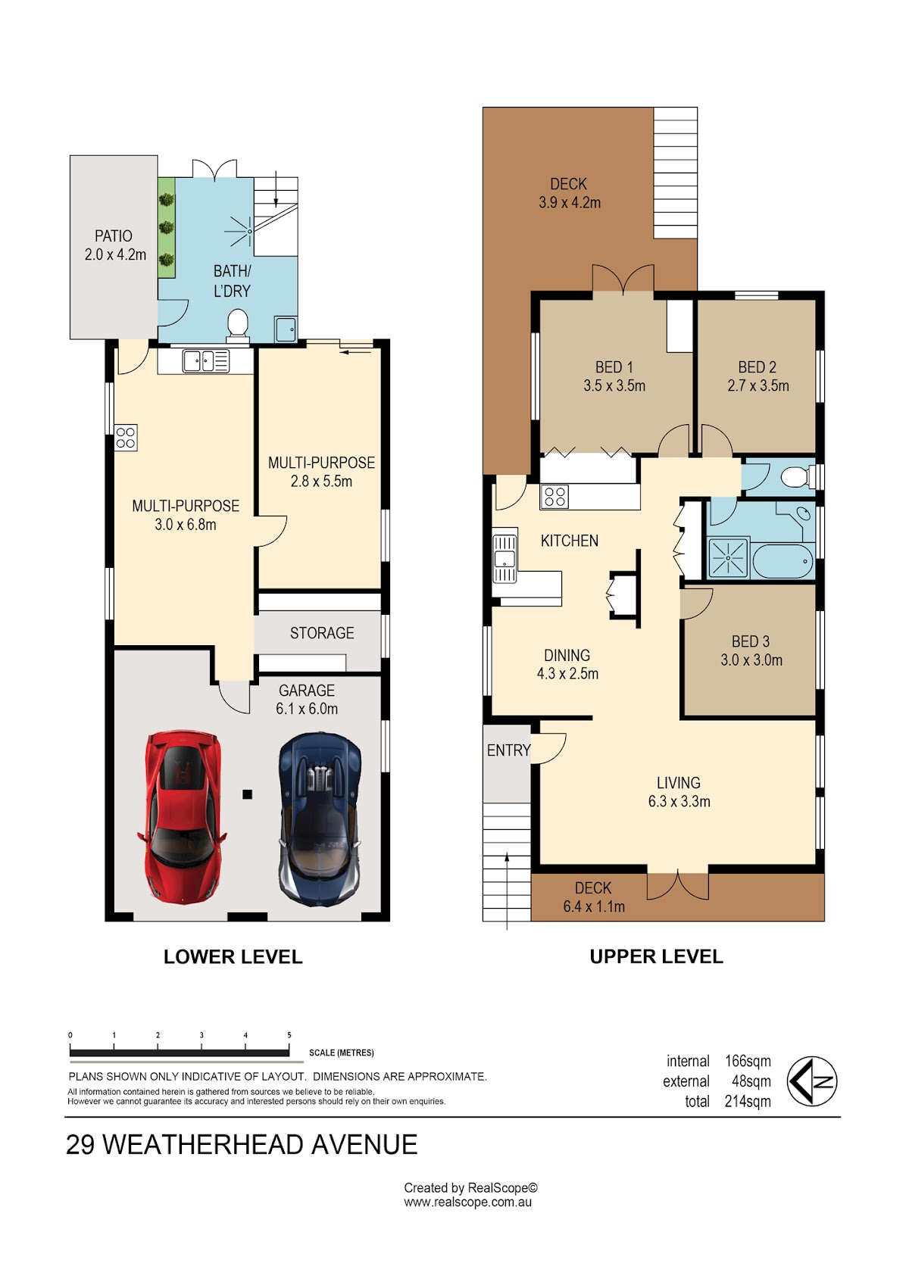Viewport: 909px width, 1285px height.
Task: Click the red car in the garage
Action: click(x=181, y=817)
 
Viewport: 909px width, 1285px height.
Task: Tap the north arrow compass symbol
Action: click(x=811, y=1081)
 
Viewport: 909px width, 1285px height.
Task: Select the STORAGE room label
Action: click(x=322, y=633)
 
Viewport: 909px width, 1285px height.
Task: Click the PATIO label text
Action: click(x=114, y=235)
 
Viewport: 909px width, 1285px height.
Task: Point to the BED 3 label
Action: click(x=751, y=641)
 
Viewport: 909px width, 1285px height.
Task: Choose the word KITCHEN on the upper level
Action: click(x=570, y=541)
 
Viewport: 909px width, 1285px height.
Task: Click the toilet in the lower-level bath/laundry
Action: click(x=238, y=325)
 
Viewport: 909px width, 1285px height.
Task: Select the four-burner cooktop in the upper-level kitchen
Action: click(x=554, y=497)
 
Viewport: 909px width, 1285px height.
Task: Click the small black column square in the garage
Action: click(x=248, y=794)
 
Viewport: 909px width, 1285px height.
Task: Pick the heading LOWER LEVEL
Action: click(x=233, y=957)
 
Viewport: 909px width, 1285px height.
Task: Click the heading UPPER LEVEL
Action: click(x=657, y=957)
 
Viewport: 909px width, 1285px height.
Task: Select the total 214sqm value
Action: click(x=748, y=1102)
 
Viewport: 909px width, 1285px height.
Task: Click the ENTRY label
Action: click(x=508, y=750)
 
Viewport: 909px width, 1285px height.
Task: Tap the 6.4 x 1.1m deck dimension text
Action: click(x=594, y=906)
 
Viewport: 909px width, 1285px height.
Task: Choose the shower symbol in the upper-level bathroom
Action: click(x=728, y=557)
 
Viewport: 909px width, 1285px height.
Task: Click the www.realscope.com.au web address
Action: click(x=467, y=1202)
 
